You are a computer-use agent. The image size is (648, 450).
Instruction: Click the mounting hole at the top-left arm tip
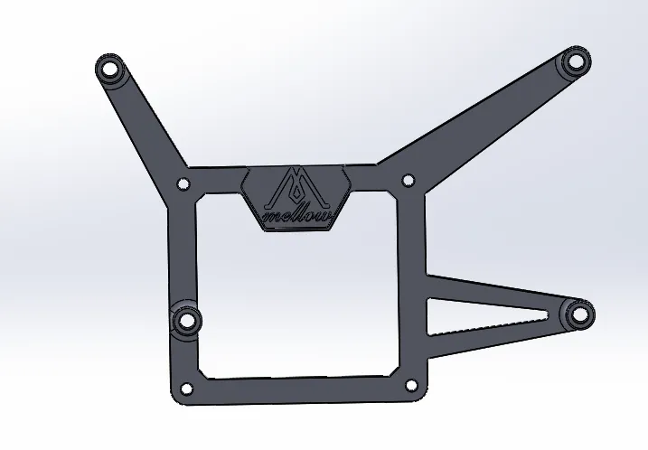pyautogui.click(x=110, y=68)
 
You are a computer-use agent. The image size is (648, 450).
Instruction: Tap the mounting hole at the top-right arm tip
pyautogui.click(x=576, y=61)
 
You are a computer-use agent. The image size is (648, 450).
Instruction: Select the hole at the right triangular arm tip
pyautogui.click(x=580, y=314)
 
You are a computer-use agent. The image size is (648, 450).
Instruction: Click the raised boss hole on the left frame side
pyautogui.click(x=187, y=319)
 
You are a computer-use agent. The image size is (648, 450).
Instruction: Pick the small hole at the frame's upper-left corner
pyautogui.click(x=183, y=183)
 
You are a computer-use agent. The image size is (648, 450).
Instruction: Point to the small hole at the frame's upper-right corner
pyautogui.click(x=408, y=180)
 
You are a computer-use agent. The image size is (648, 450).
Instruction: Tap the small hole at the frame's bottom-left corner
pyautogui.click(x=187, y=389)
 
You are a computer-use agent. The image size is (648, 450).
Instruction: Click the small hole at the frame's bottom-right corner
pyautogui.click(x=411, y=385)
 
